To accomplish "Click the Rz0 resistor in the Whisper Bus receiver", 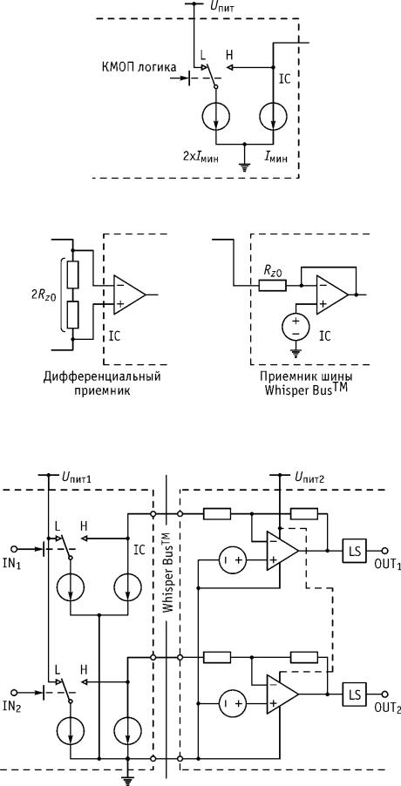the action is tap(272, 286).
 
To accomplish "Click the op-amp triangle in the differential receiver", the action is tap(129, 295).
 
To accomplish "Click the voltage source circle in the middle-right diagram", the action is tap(296, 328).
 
